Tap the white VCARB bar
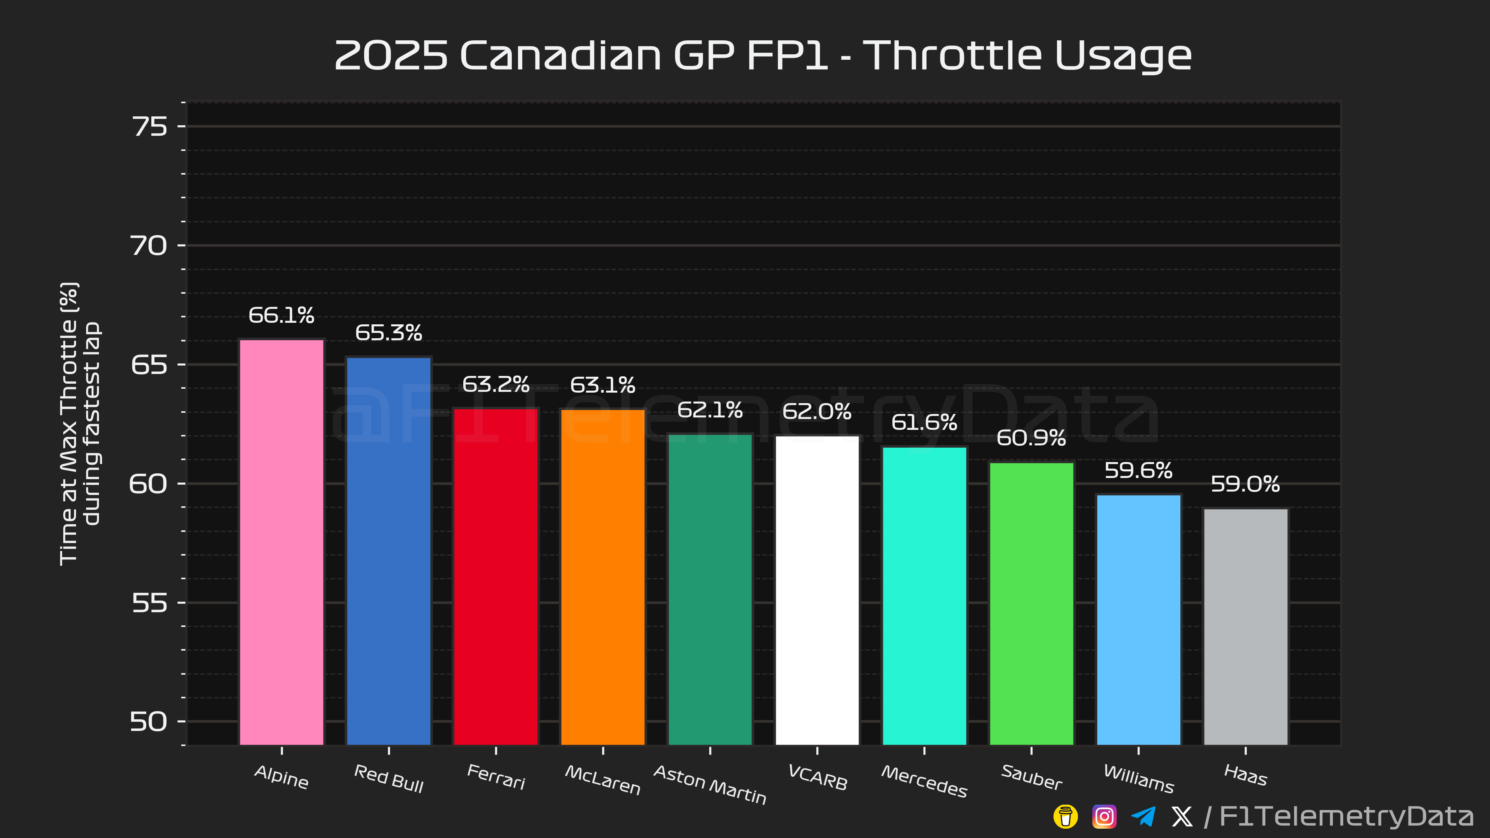pos(817,590)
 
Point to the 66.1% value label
pos(282,315)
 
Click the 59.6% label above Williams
pos(1138,470)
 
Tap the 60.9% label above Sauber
pos(1031,438)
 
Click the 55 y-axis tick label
pos(150,603)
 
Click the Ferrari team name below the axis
pos(496,777)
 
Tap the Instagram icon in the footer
pos(1104,817)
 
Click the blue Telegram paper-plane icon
pos(1143,817)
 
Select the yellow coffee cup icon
pos(1066,817)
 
